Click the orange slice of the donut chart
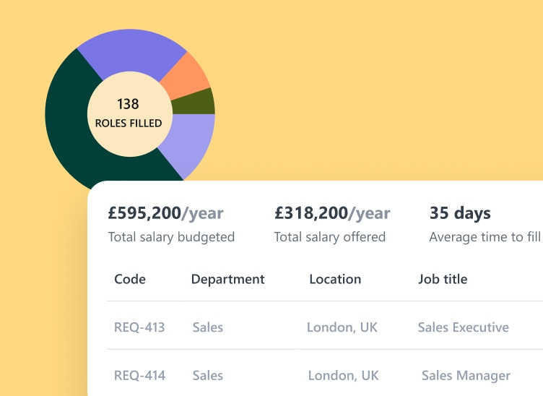pyautogui.click(x=186, y=76)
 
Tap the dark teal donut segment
pyautogui.click(x=72, y=137)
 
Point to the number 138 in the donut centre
pyautogui.click(x=128, y=104)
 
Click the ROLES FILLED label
pyautogui.click(x=129, y=124)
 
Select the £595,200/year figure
pyautogui.click(x=165, y=213)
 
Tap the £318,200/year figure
pyautogui.click(x=332, y=213)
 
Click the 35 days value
pyautogui.click(x=460, y=213)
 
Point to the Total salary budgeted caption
pyautogui.click(x=171, y=237)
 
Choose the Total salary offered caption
pyautogui.click(x=330, y=237)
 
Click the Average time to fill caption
pyautogui.click(x=485, y=237)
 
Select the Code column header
pyautogui.click(x=130, y=279)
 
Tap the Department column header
pyautogui.click(x=227, y=279)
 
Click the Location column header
pyautogui.click(x=335, y=279)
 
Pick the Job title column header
pyautogui.click(x=443, y=279)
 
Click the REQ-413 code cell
pyautogui.click(x=139, y=327)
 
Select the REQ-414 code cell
pyautogui.click(x=139, y=376)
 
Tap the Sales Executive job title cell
pyautogui.click(x=463, y=327)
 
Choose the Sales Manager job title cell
pyautogui.click(x=466, y=376)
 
